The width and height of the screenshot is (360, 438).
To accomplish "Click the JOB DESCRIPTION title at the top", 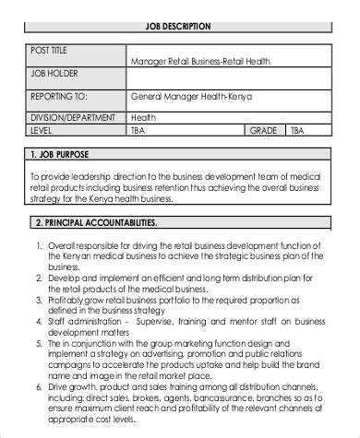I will pos(179,27).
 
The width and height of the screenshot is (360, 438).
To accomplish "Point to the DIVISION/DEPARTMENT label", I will pos(73,117).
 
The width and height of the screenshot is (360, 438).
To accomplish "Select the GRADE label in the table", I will pos(265,131).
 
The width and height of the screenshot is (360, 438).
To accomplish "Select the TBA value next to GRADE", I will pos(297,131).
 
